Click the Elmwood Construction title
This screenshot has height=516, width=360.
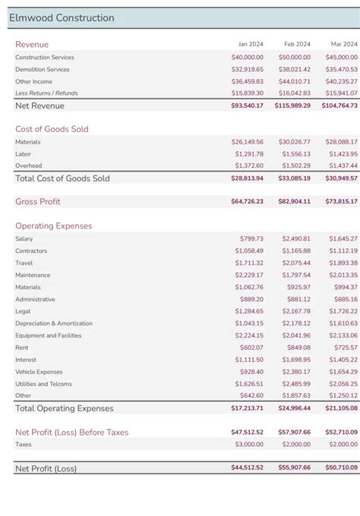[x=62, y=18]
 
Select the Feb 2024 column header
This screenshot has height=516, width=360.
[x=297, y=45]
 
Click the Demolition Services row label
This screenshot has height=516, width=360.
[x=43, y=69]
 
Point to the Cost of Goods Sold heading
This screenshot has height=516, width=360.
[x=52, y=129]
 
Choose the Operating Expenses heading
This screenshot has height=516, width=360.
[x=53, y=226]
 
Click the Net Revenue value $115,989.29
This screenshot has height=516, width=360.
[x=292, y=105]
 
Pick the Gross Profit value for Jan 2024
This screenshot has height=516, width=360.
[x=248, y=202]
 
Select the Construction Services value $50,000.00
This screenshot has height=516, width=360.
[x=295, y=57]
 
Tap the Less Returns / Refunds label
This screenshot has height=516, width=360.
[x=46, y=93]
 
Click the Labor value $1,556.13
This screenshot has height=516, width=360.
[x=296, y=153]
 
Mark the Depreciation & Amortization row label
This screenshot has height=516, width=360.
[x=54, y=323]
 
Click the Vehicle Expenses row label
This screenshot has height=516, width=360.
[x=39, y=372]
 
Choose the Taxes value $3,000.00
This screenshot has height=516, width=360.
[x=249, y=445]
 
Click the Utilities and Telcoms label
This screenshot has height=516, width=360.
[x=44, y=384]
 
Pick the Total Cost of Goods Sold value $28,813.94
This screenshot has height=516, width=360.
[x=248, y=178]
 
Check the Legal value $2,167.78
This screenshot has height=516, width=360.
[x=296, y=311]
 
